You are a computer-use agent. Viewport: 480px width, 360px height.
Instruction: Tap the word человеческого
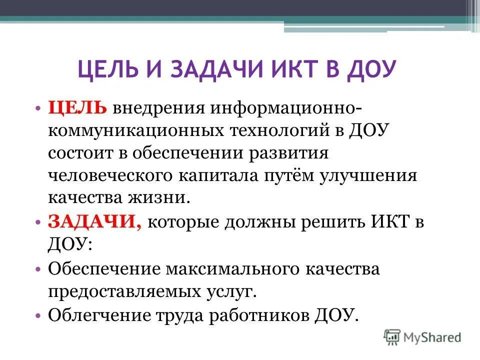109,176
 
